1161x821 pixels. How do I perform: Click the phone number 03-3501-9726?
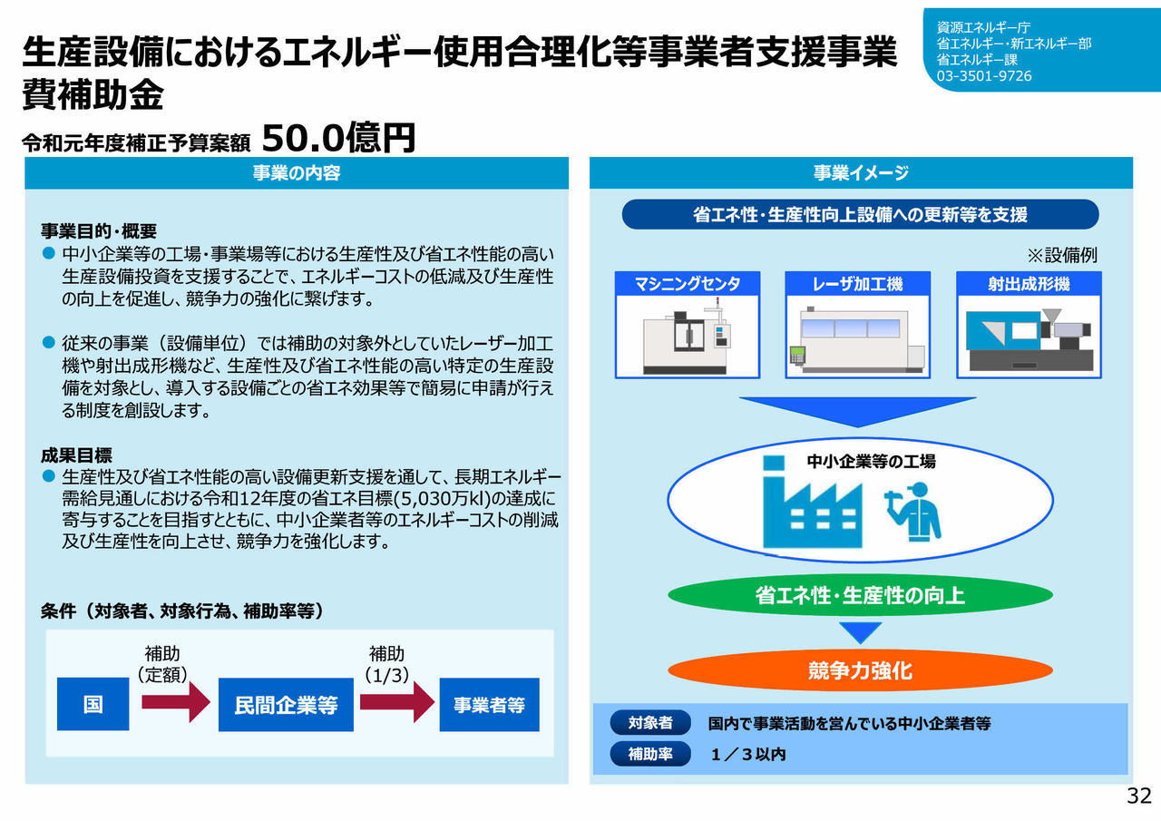click(x=984, y=76)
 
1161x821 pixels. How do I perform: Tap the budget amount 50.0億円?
click(x=338, y=138)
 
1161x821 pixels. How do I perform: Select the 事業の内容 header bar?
click(x=297, y=172)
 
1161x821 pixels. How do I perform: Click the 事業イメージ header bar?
click(x=861, y=172)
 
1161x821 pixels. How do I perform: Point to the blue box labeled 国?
click(x=93, y=704)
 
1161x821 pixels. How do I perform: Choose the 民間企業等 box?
click(x=286, y=704)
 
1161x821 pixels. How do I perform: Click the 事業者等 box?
click(x=489, y=704)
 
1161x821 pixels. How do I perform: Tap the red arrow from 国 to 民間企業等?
click(x=176, y=702)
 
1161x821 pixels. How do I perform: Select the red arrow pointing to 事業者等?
click(x=397, y=702)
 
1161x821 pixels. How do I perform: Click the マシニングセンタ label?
click(x=688, y=284)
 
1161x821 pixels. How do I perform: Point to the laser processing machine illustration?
click(x=857, y=339)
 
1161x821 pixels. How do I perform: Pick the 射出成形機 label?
click(x=1029, y=284)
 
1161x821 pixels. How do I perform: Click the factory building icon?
click(x=812, y=502)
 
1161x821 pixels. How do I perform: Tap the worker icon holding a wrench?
click(x=913, y=512)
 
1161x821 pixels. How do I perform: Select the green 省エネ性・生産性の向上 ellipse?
click(x=861, y=595)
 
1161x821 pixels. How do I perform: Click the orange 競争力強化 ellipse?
click(x=861, y=670)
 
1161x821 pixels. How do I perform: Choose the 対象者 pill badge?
click(x=650, y=722)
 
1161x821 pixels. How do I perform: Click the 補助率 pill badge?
click(x=650, y=754)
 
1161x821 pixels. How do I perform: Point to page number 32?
click(x=1139, y=796)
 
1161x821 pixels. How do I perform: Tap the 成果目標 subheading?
click(x=77, y=455)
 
